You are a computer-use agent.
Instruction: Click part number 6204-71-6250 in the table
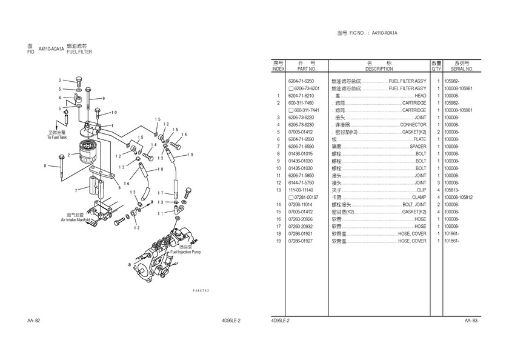pos(301,81)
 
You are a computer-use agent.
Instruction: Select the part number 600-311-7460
pos(301,103)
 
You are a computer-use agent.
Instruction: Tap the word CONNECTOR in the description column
pos(413,125)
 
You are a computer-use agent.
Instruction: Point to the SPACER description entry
pos(418,147)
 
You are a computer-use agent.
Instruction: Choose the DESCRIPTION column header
pos(379,69)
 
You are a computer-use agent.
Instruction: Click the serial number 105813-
pos(451,190)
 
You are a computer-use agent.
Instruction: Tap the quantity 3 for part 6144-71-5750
pos(437,182)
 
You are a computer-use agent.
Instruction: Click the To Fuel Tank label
pos(58,138)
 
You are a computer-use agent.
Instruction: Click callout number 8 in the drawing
pos(44,165)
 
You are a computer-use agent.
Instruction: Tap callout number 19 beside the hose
pos(190,155)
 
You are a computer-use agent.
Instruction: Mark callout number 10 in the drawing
pos(115,112)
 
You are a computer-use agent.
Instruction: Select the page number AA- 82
pos(33,320)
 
